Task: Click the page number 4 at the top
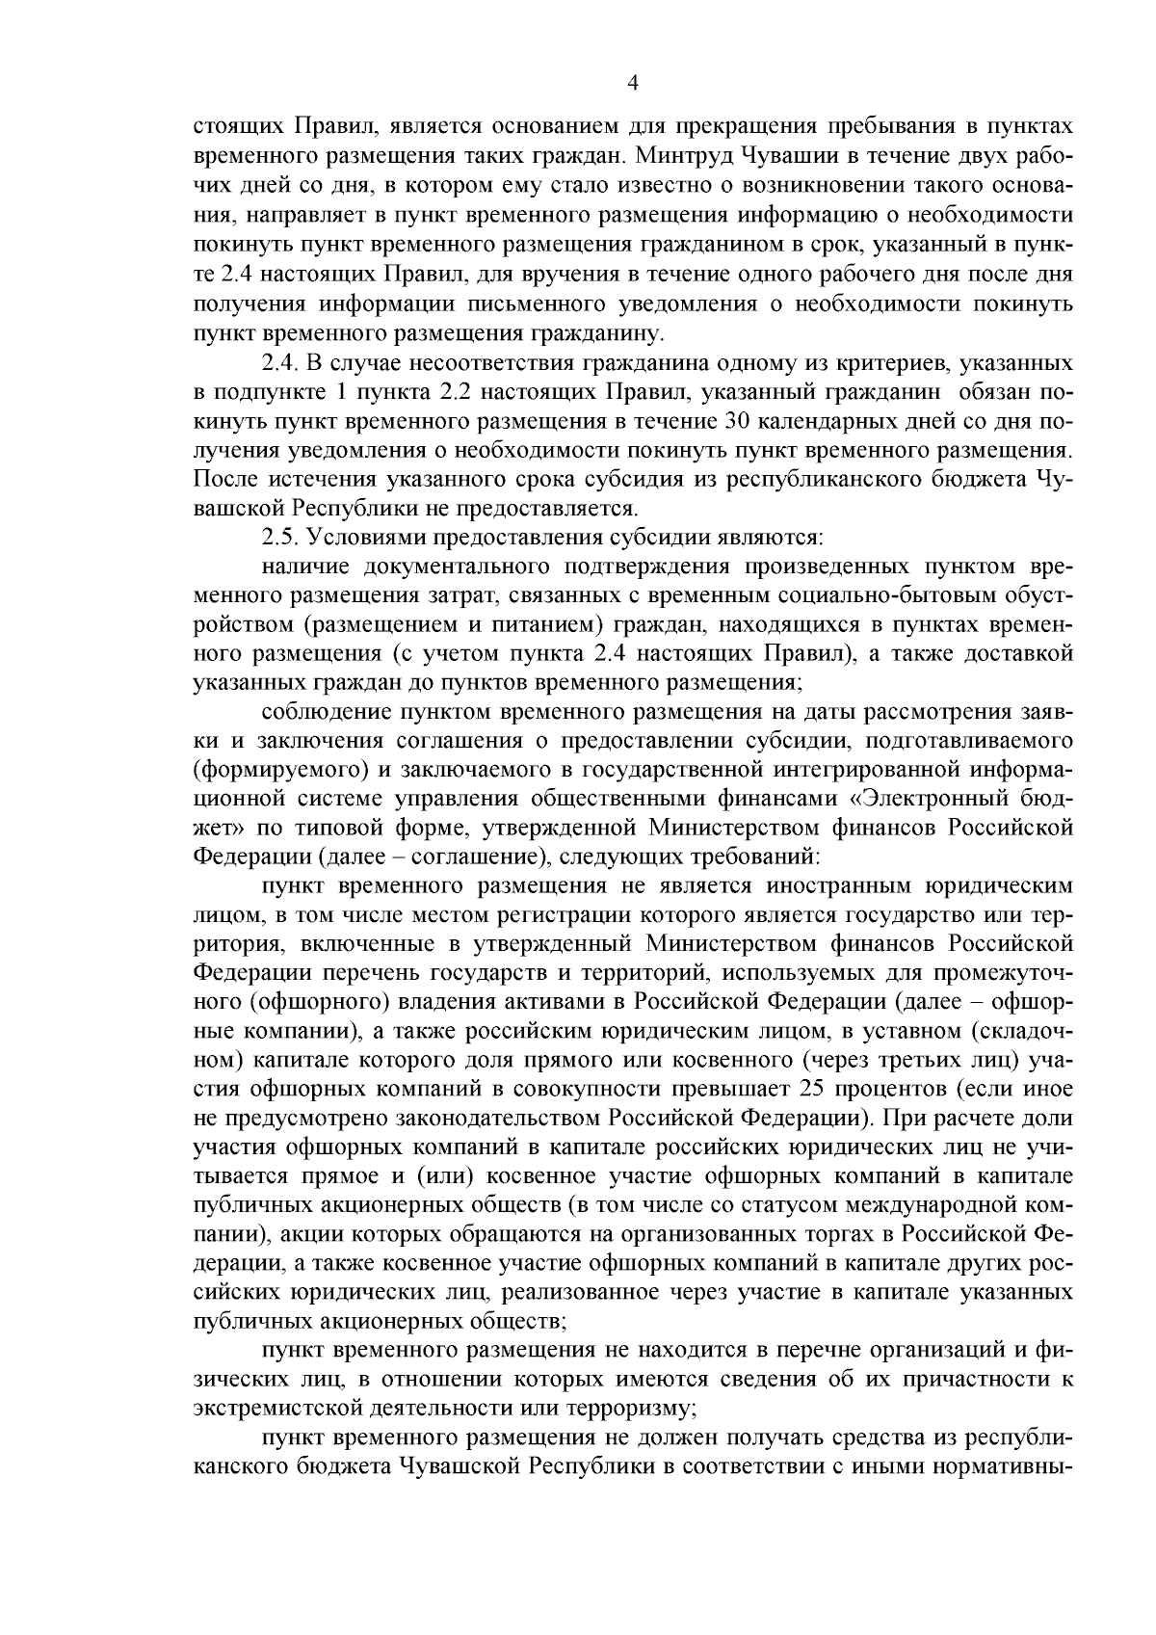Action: (x=633, y=83)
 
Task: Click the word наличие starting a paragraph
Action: (x=298, y=567)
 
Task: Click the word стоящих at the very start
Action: (x=238, y=125)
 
